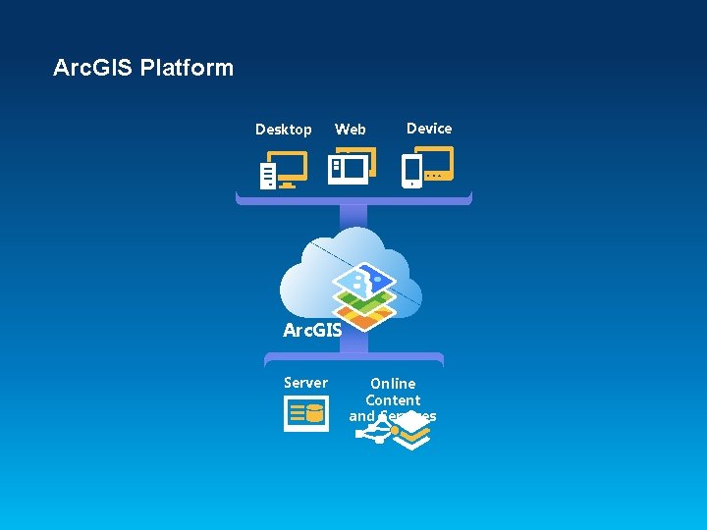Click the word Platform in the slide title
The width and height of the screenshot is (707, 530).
tap(187, 68)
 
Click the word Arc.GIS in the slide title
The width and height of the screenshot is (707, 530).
tap(93, 68)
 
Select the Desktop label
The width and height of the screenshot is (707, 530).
tap(283, 130)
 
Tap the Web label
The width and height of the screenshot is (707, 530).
tap(350, 130)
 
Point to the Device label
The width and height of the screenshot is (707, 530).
tap(429, 129)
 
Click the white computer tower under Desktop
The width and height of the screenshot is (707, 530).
tap(268, 176)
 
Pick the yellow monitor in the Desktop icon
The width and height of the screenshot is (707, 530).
tap(290, 167)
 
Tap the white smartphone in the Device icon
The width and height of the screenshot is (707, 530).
tap(412, 172)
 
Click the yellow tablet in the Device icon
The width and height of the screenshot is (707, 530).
tap(435, 162)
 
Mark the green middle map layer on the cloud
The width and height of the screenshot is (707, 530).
tap(364, 300)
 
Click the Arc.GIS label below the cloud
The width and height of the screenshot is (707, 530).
tap(312, 331)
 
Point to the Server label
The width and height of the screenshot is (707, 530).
tap(305, 383)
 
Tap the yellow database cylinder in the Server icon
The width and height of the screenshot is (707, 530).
tap(315, 414)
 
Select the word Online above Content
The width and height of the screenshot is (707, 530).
tap(393, 384)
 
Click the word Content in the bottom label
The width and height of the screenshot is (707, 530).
tap(393, 400)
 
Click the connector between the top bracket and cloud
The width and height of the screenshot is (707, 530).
tap(353, 216)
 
